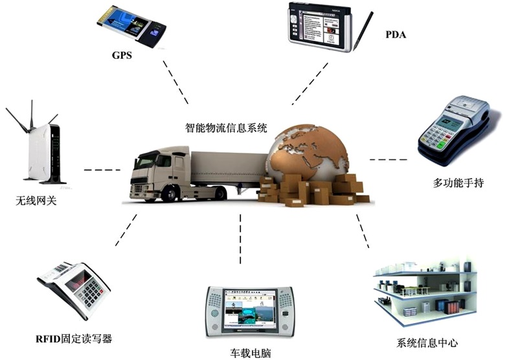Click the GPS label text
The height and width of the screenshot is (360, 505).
pos(121,55)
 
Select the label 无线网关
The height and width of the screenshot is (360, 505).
pos(37,200)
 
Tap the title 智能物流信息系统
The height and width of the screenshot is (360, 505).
pos(226,127)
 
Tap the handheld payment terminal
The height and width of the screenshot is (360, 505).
pos(456,130)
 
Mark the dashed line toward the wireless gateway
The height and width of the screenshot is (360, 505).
pos(102,170)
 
